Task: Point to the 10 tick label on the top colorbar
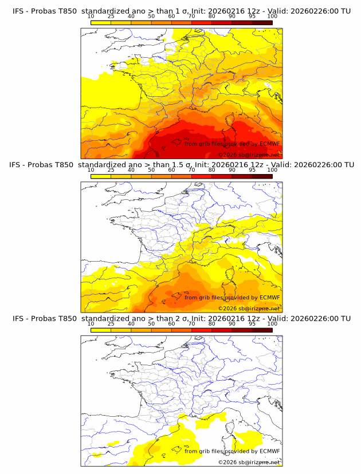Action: point(91,16)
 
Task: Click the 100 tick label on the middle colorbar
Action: point(272,170)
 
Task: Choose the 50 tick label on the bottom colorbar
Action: point(151,323)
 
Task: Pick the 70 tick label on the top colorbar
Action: point(191,16)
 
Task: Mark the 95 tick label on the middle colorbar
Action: point(252,170)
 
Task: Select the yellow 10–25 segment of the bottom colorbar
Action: point(100,330)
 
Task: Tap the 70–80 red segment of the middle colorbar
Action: point(201,176)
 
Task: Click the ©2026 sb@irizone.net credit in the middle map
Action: point(249,309)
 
